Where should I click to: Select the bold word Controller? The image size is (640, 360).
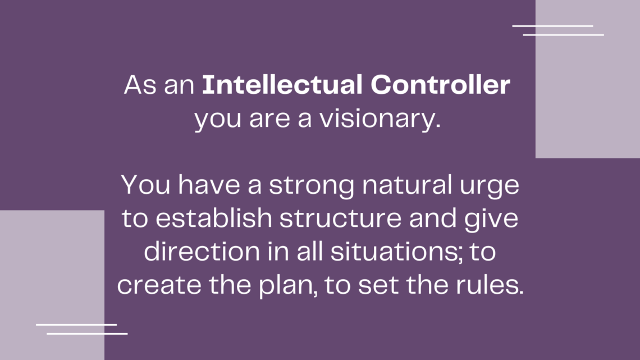tap(440, 84)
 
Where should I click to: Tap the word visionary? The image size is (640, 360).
tap(380, 119)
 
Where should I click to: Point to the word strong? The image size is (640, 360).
tap(312, 185)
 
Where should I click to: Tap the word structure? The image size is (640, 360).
tap(340, 218)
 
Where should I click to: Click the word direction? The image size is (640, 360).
tap(202, 251)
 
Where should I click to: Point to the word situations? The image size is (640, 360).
tap(394, 252)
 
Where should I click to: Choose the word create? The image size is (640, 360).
tap(159, 285)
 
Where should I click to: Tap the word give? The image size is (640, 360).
tap(491, 219)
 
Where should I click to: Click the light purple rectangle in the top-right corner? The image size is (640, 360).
tap(588, 79)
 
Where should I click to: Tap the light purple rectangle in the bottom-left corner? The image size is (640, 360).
tap(52, 285)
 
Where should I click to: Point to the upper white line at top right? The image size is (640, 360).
tap(552, 26)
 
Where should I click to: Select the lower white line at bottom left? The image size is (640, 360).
tap(87, 334)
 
